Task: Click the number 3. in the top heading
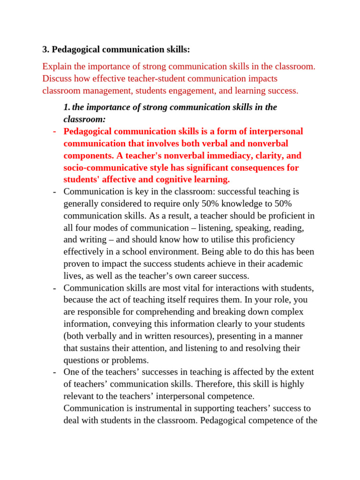coord(45,50)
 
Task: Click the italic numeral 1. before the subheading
coord(67,107)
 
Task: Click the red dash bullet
coord(55,132)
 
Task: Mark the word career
coord(195,276)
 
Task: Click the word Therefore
coord(193,384)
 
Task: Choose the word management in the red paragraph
coord(100,91)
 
